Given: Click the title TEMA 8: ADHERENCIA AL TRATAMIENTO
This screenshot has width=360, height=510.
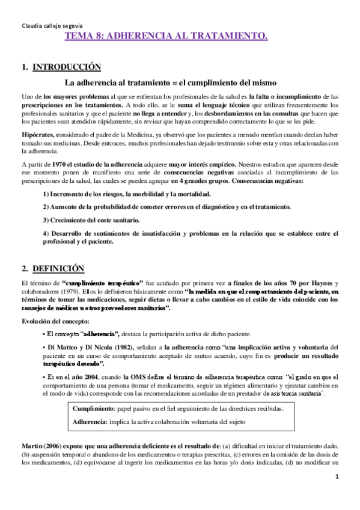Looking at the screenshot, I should click(x=166, y=37).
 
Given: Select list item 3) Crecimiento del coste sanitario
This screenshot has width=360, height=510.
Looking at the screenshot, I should click(x=91, y=220).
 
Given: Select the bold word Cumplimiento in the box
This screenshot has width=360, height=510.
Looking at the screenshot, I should click(x=90, y=408).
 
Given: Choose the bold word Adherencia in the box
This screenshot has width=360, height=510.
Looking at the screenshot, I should click(x=87, y=422).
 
